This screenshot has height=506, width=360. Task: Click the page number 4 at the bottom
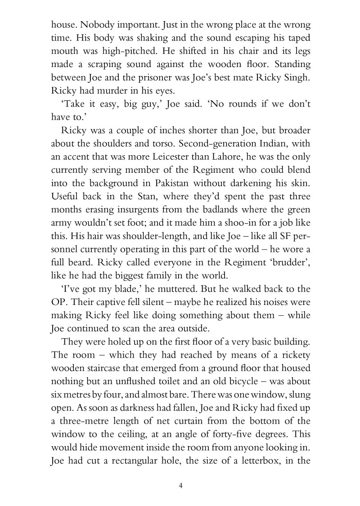coord(180,485)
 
